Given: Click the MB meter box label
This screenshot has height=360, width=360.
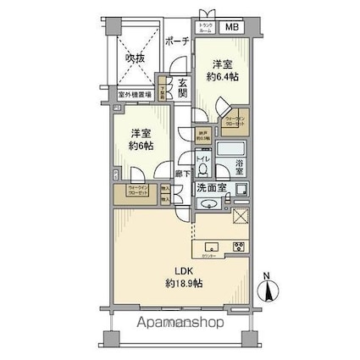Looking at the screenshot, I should click(231, 27).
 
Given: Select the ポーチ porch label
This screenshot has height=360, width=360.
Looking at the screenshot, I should click(176, 42).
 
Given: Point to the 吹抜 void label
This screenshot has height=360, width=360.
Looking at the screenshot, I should click(136, 58).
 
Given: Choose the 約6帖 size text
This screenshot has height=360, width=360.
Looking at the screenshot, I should click(140, 145).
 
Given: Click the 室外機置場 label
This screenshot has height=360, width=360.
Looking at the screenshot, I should click(134, 96).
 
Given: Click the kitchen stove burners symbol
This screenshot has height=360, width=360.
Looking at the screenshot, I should click(238, 248).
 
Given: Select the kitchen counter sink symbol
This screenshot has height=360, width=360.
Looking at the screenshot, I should click(211, 249).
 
